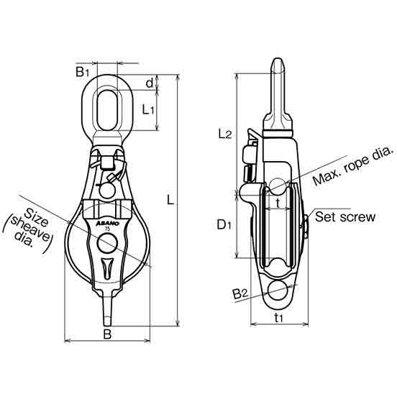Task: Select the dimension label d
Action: pos(150,83)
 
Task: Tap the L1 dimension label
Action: pos(149,110)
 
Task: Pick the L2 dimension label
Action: pos(224,134)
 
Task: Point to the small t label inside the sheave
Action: pos(278,203)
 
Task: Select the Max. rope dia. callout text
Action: pos(352,168)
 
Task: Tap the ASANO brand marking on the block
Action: pos(106,223)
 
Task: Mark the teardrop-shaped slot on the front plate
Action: pos(107,268)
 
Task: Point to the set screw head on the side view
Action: pos(307,225)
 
